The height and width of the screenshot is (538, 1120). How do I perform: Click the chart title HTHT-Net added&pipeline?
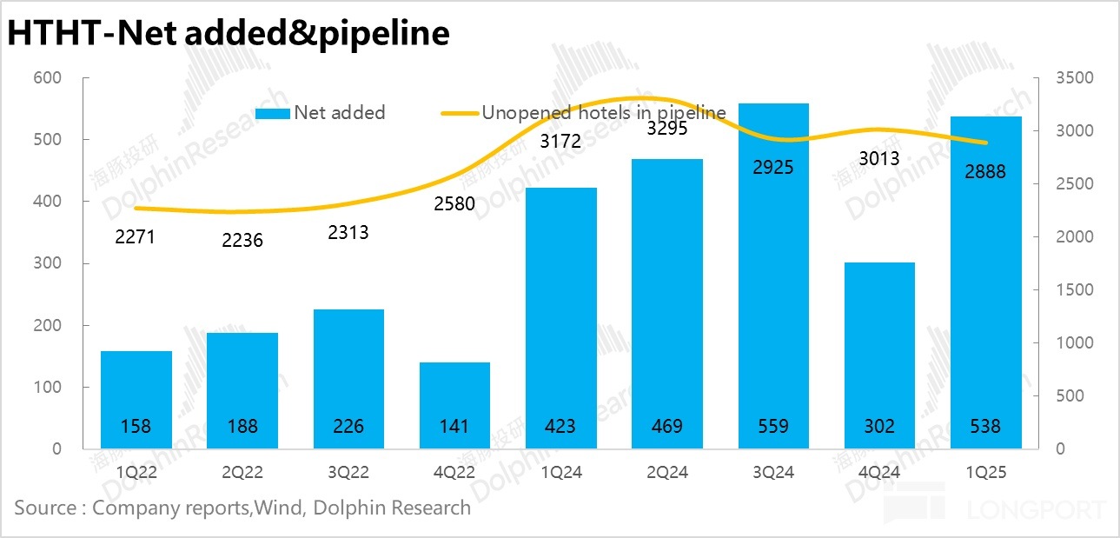[x=229, y=33]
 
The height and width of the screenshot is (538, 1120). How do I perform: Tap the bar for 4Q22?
[x=454, y=405]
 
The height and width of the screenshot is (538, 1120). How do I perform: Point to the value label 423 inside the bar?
[x=560, y=427]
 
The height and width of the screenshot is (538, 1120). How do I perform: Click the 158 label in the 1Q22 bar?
[x=136, y=427]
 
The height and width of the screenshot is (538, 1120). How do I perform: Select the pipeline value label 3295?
[x=666, y=129]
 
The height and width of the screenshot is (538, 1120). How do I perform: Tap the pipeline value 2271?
[x=135, y=236]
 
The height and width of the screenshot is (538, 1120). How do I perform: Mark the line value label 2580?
[x=454, y=205]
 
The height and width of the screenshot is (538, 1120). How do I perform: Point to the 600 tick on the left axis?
[x=47, y=78]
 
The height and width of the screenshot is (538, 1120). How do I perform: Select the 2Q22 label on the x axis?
[x=242, y=473]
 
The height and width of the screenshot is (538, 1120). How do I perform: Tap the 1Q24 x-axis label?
[x=560, y=473]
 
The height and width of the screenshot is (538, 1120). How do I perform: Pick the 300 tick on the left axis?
[x=47, y=263]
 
